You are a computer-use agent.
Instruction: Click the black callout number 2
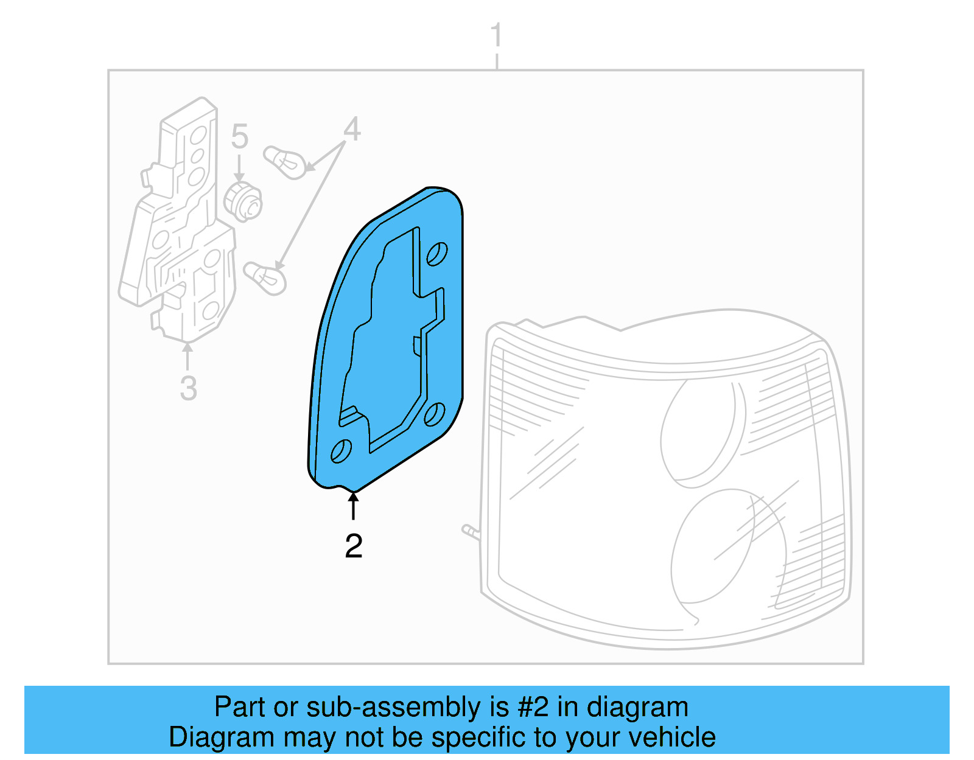[x=353, y=546]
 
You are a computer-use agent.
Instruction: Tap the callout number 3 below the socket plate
[x=188, y=388]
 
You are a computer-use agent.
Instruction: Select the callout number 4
[x=351, y=130]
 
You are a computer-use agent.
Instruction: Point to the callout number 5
[x=239, y=136]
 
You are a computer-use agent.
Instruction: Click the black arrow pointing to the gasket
[x=353, y=506]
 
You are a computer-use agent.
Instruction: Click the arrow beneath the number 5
[x=239, y=167]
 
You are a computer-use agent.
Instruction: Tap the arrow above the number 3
[x=187, y=355]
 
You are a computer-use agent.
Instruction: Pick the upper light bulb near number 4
[x=284, y=162]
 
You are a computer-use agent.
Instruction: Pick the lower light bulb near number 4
[x=265, y=277]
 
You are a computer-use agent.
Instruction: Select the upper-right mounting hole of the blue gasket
[x=436, y=254]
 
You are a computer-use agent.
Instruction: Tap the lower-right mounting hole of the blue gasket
[x=434, y=414]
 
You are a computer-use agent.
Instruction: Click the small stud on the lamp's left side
[x=471, y=532]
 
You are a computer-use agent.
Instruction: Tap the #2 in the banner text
[x=533, y=707]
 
